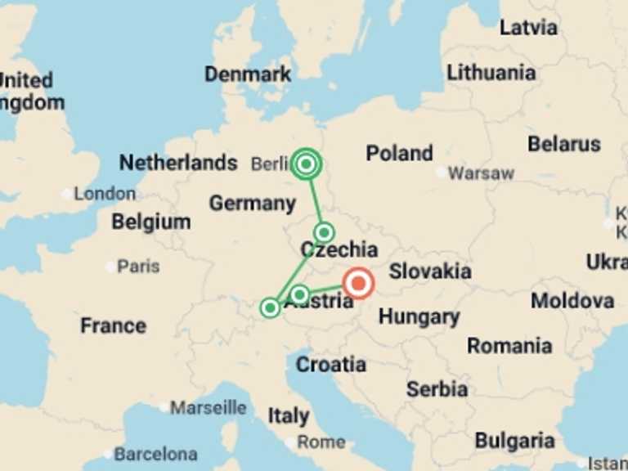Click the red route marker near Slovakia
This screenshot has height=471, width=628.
click(358, 284)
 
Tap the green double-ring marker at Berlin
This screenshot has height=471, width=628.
click(307, 164)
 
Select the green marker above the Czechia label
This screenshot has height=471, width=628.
click(324, 232)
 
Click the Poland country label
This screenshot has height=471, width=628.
click(399, 153)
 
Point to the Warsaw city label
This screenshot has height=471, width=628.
click(482, 173)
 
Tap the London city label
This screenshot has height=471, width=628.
click(105, 194)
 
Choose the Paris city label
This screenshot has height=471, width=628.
click(138, 267)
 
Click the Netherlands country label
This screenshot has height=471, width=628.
click(178, 163)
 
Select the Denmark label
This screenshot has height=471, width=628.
click(248, 74)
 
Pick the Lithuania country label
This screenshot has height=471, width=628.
click(491, 72)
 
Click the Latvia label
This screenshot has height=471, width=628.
click(528, 27)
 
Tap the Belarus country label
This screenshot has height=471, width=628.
click(564, 144)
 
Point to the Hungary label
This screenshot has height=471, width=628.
click(419, 316)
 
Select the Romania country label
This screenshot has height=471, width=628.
click(509, 345)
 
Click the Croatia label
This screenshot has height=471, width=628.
click(331, 364)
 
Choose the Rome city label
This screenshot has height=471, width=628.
click(321, 442)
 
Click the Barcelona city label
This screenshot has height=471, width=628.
click(155, 453)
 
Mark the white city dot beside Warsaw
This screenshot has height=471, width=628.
click(442, 173)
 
